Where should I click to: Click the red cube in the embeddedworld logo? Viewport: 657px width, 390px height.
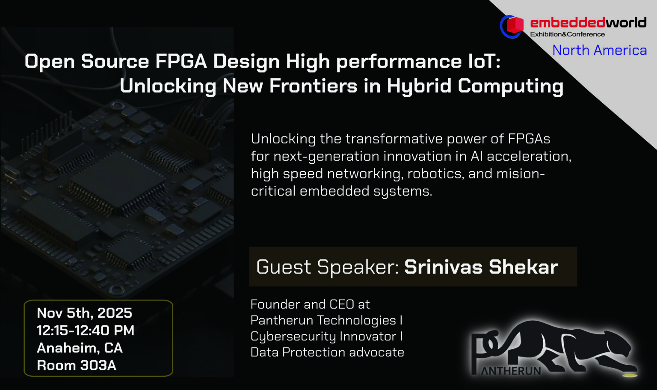(515, 25)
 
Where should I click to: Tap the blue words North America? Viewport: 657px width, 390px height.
(600, 50)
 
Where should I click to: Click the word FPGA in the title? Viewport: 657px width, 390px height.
(181, 61)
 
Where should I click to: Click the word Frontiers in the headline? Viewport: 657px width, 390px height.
(313, 86)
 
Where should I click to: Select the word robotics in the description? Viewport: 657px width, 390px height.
(435, 174)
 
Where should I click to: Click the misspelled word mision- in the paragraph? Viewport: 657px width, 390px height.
(521, 174)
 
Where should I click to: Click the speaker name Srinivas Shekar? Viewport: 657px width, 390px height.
(481, 267)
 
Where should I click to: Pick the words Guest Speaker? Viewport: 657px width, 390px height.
(328, 267)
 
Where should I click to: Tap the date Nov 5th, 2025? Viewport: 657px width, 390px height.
(84, 313)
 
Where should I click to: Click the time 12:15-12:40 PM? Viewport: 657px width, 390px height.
(86, 330)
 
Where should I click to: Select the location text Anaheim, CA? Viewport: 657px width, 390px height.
(80, 348)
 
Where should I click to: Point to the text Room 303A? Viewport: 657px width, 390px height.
(77, 366)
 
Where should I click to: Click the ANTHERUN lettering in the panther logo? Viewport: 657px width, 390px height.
(511, 371)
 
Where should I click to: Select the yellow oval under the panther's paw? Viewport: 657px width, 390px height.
(630, 375)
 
